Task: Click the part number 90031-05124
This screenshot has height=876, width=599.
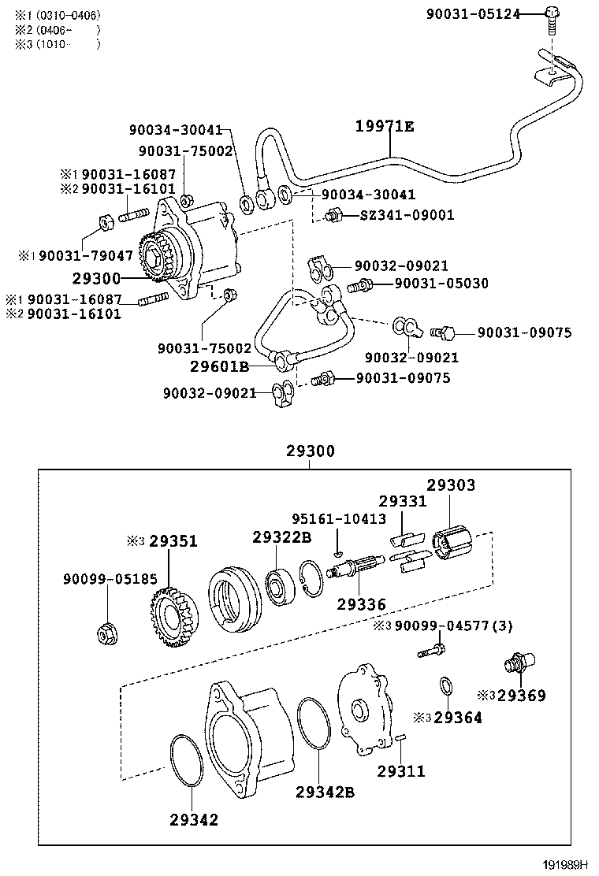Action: point(472,13)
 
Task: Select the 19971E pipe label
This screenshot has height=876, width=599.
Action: point(384,126)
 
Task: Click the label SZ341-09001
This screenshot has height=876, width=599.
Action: point(407,214)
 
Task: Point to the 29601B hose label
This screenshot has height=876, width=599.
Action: point(220,366)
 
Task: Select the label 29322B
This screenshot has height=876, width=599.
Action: point(282,537)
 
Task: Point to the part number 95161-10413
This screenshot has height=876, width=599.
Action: point(339,519)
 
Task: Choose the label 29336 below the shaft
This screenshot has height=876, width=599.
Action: point(361,604)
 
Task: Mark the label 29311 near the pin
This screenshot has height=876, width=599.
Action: point(400,770)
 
